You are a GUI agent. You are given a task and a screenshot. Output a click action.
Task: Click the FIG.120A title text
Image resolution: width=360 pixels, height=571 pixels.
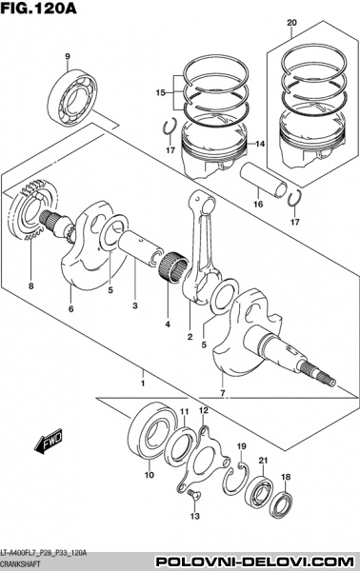tap(39, 8)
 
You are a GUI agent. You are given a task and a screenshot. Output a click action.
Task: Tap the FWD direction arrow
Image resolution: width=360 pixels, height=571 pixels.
tap(49, 441)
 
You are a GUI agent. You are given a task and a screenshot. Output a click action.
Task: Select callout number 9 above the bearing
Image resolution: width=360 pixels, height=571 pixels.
tap(68, 56)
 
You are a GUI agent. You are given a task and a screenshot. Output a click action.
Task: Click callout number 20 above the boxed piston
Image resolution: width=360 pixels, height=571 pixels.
tap(291, 23)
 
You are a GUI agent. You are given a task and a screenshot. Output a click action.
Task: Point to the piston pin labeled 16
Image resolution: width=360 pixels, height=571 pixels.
tap(264, 180)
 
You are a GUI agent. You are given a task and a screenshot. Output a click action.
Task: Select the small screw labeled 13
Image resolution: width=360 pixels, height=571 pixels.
tap(194, 495)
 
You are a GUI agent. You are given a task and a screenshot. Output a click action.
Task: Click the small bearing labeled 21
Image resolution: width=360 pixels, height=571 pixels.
tap(259, 490)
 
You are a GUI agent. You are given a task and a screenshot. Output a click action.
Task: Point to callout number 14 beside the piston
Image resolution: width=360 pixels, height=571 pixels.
tap(259, 145)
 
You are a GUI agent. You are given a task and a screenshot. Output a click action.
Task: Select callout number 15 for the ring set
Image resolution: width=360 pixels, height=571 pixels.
tap(160, 93)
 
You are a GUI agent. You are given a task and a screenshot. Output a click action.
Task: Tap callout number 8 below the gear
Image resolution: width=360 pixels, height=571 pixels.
tap(31, 286)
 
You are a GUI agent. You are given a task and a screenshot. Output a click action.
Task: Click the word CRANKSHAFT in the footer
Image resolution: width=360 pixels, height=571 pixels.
tap(20, 563)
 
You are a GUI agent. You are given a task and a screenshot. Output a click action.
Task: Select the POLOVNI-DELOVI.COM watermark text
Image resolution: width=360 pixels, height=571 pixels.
tap(255, 561)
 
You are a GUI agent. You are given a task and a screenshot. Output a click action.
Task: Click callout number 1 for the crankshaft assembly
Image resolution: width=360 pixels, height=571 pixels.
tap(143, 384)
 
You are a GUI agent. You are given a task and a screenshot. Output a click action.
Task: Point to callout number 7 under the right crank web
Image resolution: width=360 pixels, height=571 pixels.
tap(223, 393)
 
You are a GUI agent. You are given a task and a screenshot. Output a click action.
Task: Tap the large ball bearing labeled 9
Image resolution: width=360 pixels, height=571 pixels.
tap(73, 98)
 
